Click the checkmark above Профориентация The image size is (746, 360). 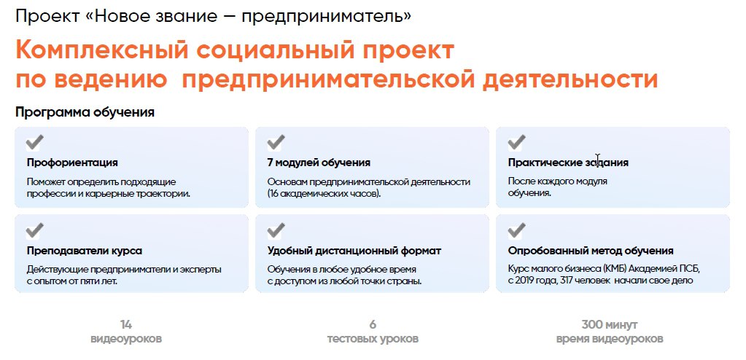pyautogui.click(x=35, y=142)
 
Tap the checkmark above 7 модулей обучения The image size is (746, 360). pyautogui.click(x=276, y=142)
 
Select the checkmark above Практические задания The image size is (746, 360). pyautogui.click(x=516, y=142)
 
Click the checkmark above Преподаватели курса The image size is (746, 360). pyautogui.click(x=35, y=230)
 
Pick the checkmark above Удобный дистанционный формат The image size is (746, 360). pyautogui.click(x=276, y=230)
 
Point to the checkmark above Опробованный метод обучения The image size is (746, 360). pyautogui.click(x=516, y=230)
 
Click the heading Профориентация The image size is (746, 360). pyautogui.click(x=72, y=163)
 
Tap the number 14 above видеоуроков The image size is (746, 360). pyautogui.click(x=125, y=325)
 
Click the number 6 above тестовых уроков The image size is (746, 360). pyautogui.click(x=373, y=325)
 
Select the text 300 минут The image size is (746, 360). pyautogui.click(x=610, y=325)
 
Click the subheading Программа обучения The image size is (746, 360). pyautogui.click(x=85, y=113)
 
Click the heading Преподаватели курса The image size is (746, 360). pyautogui.click(x=84, y=251)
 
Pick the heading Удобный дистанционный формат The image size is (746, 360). pyautogui.click(x=354, y=251)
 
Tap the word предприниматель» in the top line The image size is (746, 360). pyautogui.click(x=327, y=17)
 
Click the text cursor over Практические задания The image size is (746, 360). pyautogui.click(x=597, y=160)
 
